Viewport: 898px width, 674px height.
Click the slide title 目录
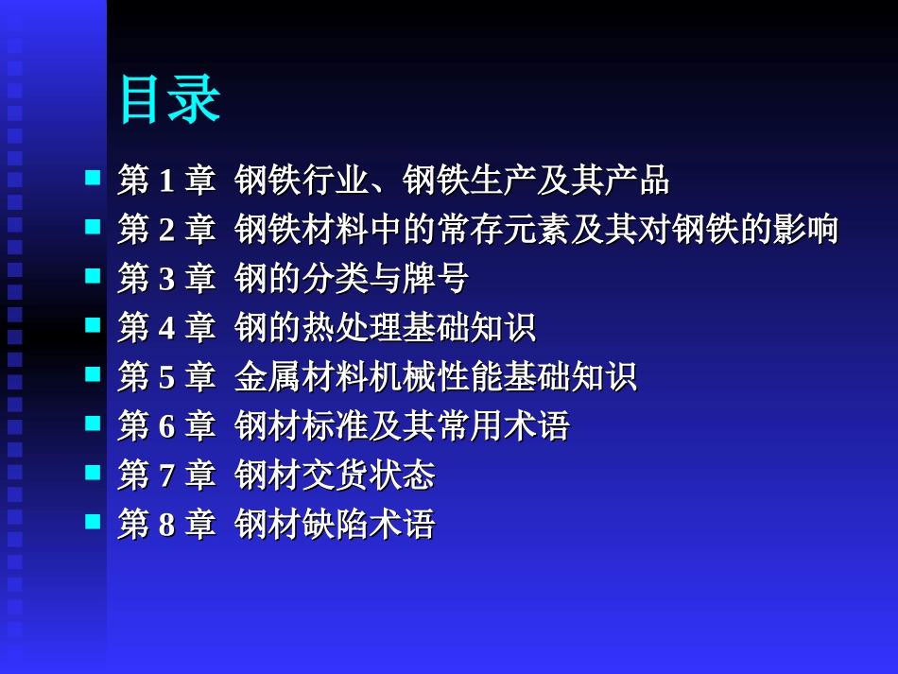click(x=169, y=99)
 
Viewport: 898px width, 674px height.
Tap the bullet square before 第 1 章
click(x=93, y=177)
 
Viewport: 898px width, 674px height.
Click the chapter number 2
click(x=167, y=230)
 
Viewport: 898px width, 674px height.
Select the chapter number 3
click(x=167, y=279)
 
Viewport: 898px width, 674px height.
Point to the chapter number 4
click(x=167, y=328)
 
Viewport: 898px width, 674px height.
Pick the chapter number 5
click(x=167, y=377)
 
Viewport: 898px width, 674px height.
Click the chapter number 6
click(x=167, y=426)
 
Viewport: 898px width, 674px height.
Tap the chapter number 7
click(x=167, y=475)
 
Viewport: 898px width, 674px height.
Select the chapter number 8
click(x=167, y=525)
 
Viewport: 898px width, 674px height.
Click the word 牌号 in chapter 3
click(x=435, y=279)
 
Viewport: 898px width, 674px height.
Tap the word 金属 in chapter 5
click(x=268, y=377)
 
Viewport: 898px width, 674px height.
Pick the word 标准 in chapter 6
click(x=335, y=426)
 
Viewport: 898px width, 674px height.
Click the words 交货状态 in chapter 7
click(x=368, y=475)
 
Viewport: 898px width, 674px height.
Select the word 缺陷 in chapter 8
click(x=335, y=525)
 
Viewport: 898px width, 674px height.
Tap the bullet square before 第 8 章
click(x=93, y=521)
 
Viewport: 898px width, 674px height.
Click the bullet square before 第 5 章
click(x=93, y=373)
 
